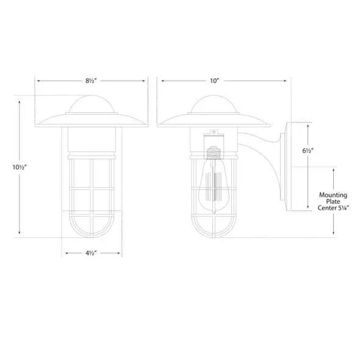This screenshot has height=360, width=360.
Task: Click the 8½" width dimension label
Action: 91,81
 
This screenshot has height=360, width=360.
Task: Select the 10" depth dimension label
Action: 214,81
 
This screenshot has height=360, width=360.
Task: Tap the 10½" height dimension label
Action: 20,167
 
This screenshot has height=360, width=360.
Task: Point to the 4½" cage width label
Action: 91,253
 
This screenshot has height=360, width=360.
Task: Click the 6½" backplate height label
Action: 308,151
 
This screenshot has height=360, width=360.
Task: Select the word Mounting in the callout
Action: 333,195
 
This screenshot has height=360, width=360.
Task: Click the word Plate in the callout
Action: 333,201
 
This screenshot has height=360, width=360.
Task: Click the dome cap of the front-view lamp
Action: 92,104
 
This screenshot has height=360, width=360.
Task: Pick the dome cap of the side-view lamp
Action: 214,104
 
